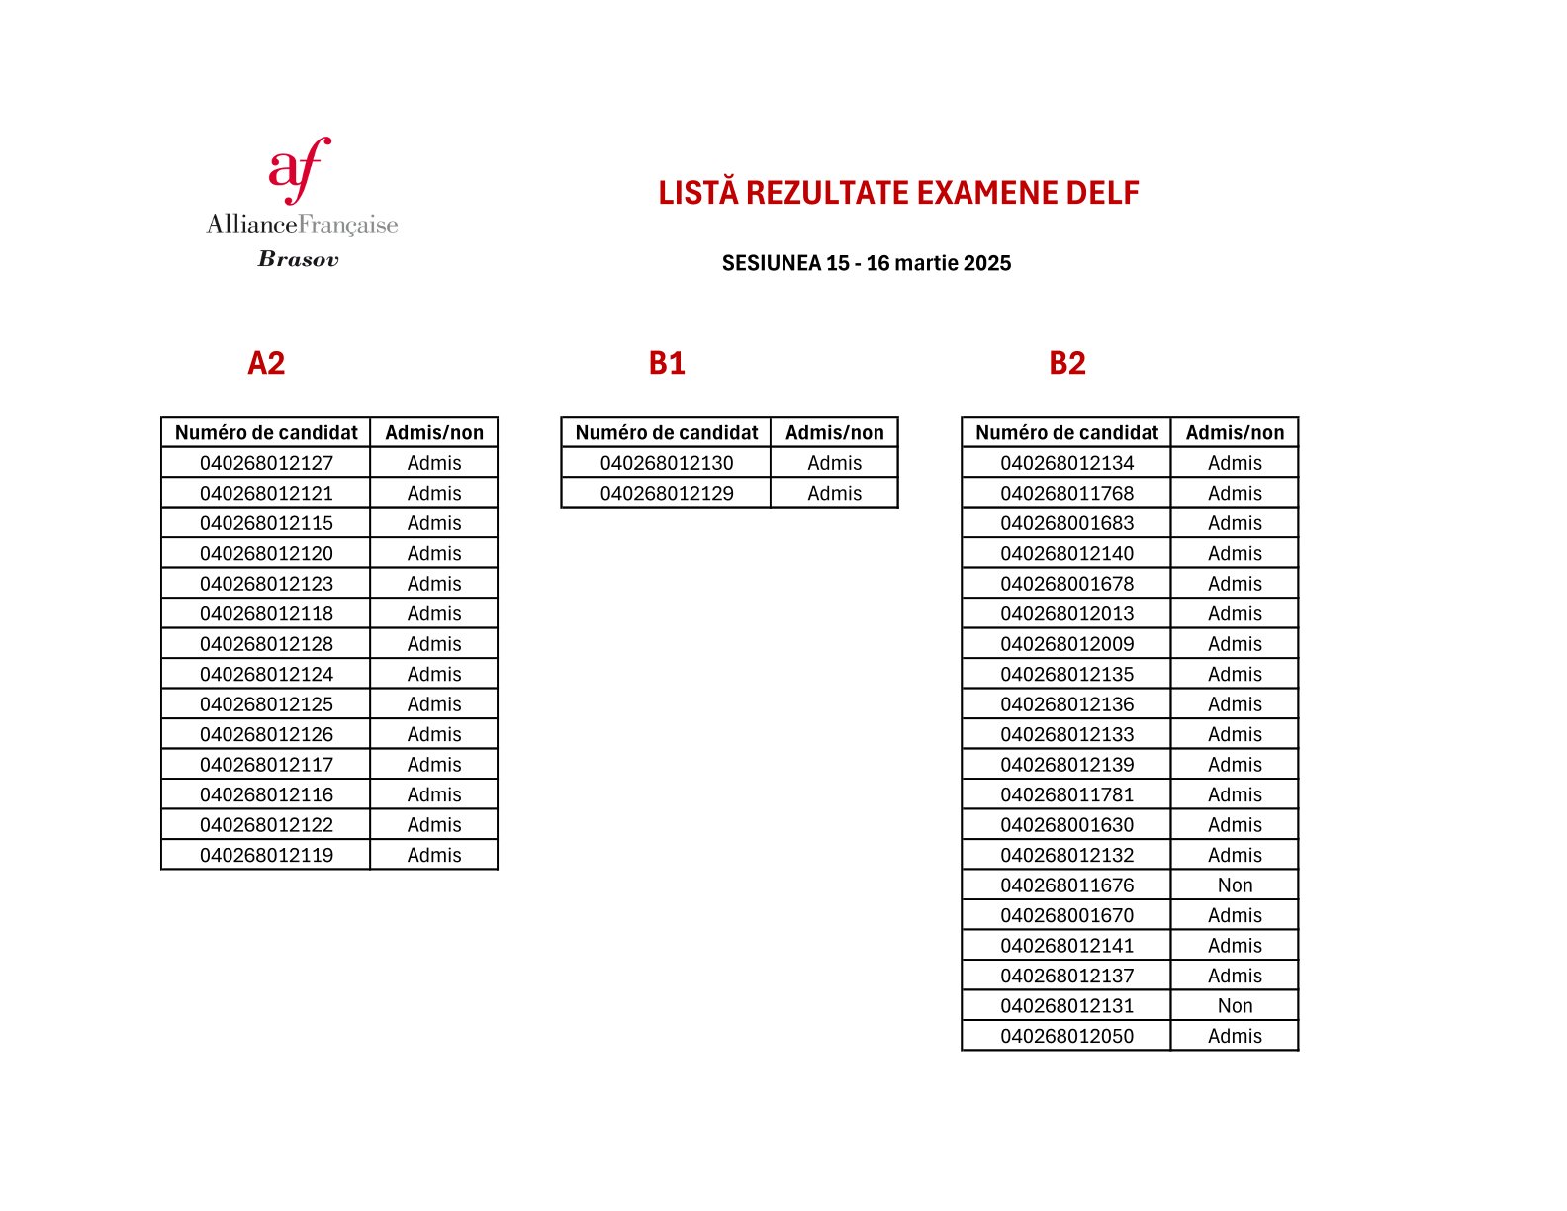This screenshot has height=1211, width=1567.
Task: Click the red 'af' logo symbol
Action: tap(299, 169)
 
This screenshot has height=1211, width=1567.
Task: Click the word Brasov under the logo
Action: tap(298, 259)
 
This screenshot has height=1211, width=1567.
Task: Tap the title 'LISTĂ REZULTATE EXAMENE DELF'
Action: tap(898, 193)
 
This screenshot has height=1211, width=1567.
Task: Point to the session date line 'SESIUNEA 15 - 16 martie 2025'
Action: tap(866, 263)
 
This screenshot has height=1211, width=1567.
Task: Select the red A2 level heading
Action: tap(266, 363)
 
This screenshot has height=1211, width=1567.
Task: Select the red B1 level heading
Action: tap(667, 363)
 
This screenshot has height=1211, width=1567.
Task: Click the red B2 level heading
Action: tap(1066, 363)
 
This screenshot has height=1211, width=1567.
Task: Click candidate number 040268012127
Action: tap(266, 463)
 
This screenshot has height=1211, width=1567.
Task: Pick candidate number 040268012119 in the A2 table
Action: tap(266, 855)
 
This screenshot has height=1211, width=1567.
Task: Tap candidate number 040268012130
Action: tap(667, 463)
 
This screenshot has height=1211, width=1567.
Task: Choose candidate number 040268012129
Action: tap(667, 493)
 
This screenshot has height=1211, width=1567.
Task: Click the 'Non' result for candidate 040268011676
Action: tap(1235, 885)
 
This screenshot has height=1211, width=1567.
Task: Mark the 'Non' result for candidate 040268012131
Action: tap(1235, 1006)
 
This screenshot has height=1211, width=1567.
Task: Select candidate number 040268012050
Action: tap(1066, 1036)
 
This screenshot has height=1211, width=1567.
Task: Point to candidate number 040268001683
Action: tap(1066, 523)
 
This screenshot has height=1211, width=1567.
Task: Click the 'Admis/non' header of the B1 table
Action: tap(834, 432)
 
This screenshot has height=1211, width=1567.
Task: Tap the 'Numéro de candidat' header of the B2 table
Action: tap(1066, 432)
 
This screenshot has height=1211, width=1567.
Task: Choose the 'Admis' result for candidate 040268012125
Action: tap(434, 704)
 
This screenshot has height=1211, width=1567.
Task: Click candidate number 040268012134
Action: tap(1066, 463)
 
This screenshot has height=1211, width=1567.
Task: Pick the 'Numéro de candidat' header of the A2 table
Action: tap(266, 432)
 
